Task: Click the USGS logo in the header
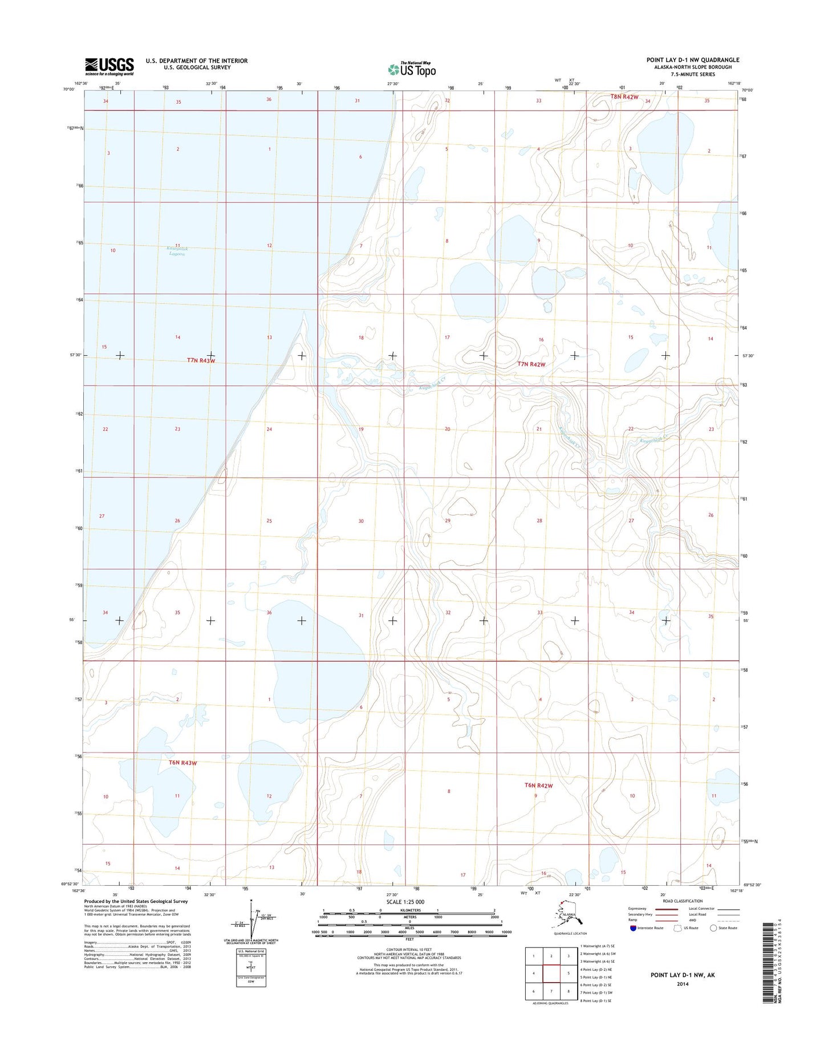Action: click(x=109, y=66)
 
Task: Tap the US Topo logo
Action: click(x=412, y=69)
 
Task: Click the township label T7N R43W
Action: click(x=201, y=360)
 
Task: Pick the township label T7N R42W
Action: click(x=531, y=364)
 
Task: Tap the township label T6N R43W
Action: click(x=182, y=763)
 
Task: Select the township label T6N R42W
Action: click(x=538, y=786)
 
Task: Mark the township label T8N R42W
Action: click(x=624, y=97)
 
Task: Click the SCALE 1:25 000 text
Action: click(x=405, y=902)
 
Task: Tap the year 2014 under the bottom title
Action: click(x=683, y=984)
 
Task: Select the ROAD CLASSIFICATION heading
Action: click(x=682, y=901)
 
